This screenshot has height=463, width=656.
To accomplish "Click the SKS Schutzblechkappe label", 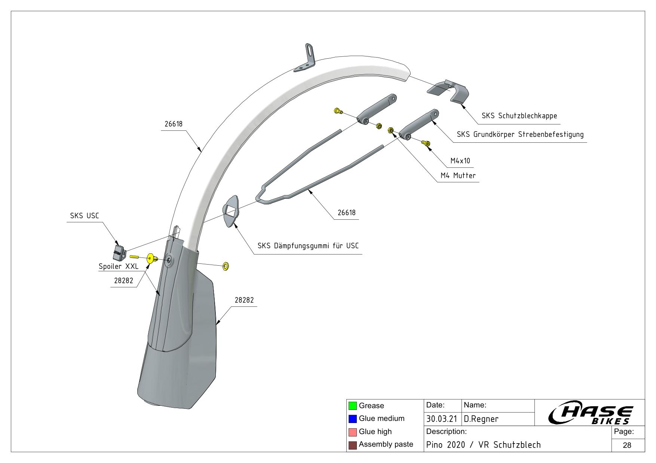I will click(519, 116).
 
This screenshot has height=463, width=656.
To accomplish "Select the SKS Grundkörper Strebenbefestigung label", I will click(520, 135).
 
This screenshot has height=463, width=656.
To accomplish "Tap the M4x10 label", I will click(460, 161).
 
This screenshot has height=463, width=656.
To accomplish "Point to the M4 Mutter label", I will click(458, 176).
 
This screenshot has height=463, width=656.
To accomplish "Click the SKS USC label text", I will click(85, 216).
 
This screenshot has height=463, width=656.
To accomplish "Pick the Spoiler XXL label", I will click(118, 267).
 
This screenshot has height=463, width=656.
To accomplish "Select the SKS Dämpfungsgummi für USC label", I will click(308, 246).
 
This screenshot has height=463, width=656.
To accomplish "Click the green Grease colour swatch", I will click(352, 406).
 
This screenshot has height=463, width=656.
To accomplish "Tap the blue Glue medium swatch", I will click(352, 419).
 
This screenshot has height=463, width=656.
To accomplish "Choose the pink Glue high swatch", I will click(352, 432).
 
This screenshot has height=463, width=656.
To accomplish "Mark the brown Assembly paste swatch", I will click(352, 445).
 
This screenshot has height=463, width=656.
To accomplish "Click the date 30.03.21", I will click(442, 419).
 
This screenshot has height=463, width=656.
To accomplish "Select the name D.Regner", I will click(481, 419).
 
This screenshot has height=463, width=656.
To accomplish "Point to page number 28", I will click(627, 445).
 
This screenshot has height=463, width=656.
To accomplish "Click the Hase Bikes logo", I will click(591, 414).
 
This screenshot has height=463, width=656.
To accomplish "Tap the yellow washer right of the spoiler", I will click(226, 266).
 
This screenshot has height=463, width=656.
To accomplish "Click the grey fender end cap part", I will click(448, 91).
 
